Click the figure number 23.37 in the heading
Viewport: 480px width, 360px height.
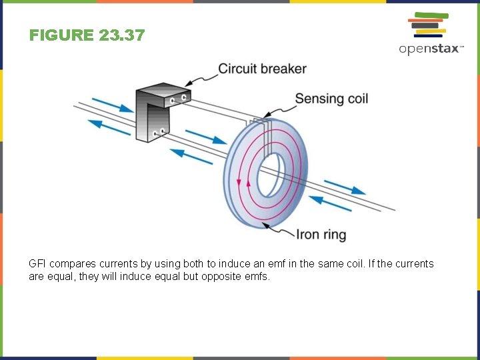pos(121,35)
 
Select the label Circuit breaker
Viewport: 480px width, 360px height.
pos(262,69)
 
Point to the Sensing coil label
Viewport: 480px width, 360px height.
pos(331,99)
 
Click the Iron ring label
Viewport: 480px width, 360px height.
pos(321,235)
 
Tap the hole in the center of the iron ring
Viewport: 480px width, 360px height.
pos(272,175)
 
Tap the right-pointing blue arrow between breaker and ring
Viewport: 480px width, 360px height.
pos(205,136)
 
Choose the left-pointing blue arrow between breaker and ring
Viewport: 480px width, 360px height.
pos(192,157)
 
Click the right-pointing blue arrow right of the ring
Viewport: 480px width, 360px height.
pos(345,186)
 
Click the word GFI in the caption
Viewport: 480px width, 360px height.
pos(37,264)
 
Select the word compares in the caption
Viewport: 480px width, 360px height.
pos(71,264)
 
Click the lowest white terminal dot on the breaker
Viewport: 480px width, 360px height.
pos(155,133)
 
